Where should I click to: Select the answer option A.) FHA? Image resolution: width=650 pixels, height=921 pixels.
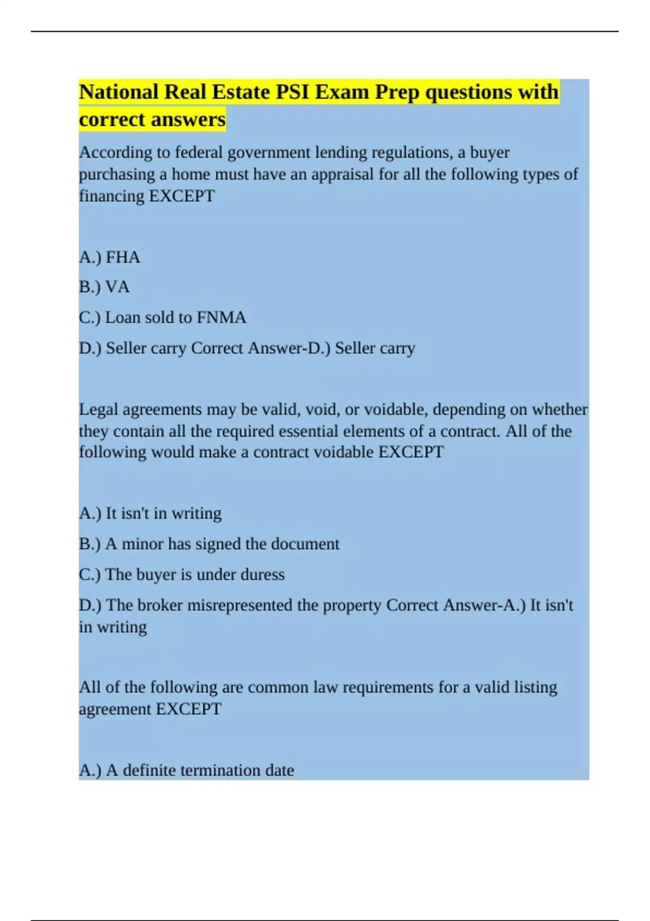coord(110,257)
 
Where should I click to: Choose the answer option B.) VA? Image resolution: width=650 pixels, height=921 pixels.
coord(105,287)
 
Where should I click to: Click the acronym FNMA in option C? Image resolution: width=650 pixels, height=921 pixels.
coord(221,317)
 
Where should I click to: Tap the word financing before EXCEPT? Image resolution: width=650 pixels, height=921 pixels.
coord(112,196)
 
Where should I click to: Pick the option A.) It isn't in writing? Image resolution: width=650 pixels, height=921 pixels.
coord(151,513)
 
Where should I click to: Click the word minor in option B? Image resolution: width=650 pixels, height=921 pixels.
coord(142,544)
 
